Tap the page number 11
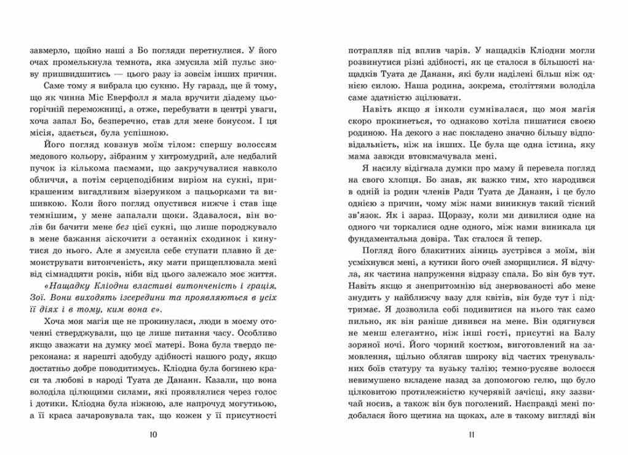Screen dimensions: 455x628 (x=471, y=435)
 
